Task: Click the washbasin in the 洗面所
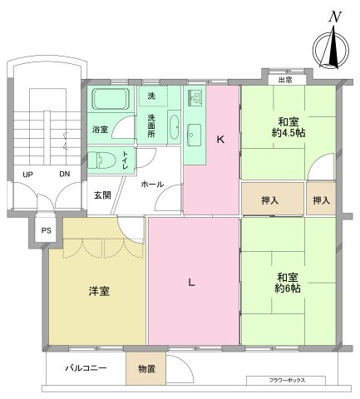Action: pos(173,127)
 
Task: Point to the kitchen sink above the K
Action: pos(195,101)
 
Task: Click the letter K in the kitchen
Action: pos(220,139)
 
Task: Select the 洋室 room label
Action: pos(98,292)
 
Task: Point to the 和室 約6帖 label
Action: pos(288,283)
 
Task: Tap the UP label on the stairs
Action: pos(28,175)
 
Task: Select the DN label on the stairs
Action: pos(64,175)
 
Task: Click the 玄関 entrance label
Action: pos(101,195)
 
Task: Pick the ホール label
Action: pos(151,183)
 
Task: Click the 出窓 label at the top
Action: pos(284,79)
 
